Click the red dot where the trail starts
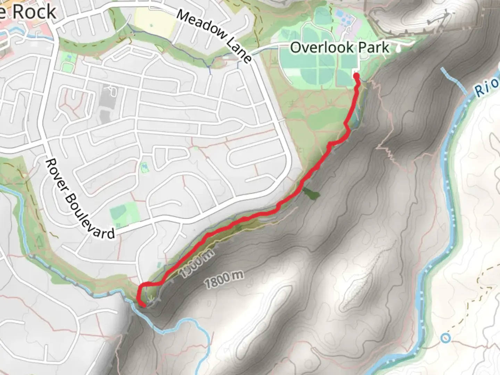[x=356, y=75]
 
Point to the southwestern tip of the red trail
[x=143, y=305]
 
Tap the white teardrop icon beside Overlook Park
[x=399, y=49]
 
